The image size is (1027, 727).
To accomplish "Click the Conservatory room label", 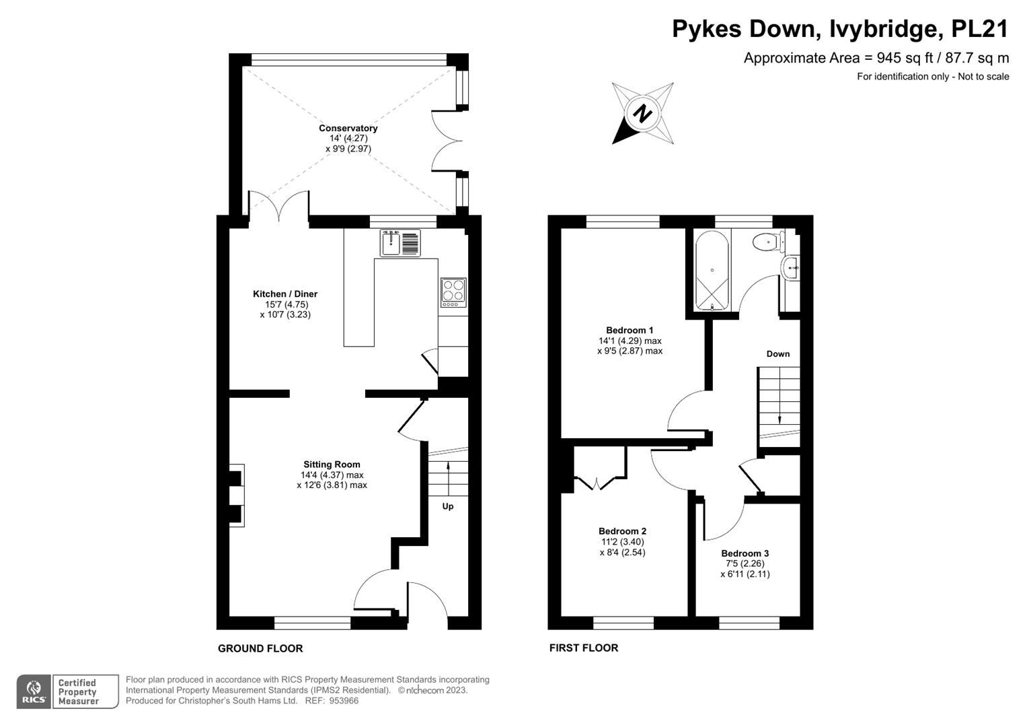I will (x=348, y=128).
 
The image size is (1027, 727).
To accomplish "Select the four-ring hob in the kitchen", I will (x=453, y=291).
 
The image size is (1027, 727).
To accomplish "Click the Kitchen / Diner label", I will (x=285, y=294).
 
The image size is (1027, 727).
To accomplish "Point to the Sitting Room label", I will (x=332, y=464).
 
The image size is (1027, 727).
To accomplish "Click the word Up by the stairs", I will (x=448, y=506).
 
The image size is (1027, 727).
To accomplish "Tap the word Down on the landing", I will (x=778, y=354).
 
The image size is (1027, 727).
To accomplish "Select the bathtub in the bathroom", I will (x=712, y=271).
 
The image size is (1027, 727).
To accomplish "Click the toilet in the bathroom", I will (x=767, y=241).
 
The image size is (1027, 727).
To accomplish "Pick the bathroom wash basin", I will (x=791, y=267).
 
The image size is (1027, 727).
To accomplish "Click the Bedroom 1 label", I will (x=630, y=331).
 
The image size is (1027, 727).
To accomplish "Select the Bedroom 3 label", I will (x=745, y=553).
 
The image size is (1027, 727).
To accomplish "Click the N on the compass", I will (x=643, y=113).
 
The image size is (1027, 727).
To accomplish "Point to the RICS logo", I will (x=34, y=692).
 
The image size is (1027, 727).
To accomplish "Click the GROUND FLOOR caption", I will (x=260, y=648).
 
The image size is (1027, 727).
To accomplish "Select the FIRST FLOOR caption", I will (x=584, y=648).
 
